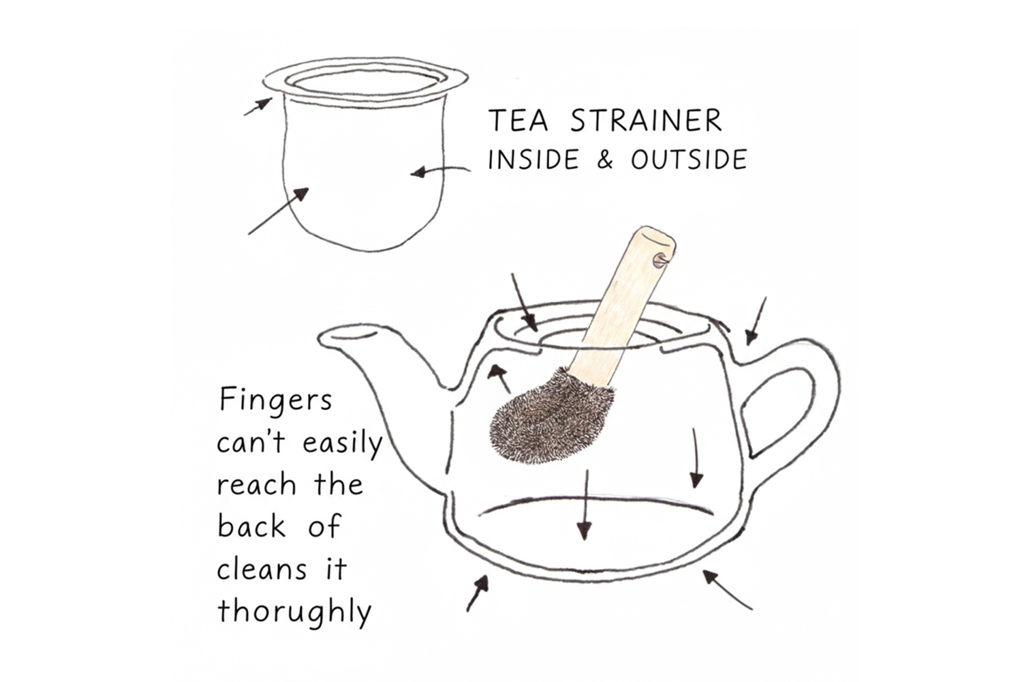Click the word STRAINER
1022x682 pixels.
646,120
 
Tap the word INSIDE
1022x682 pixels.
533,160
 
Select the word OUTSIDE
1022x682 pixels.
689,160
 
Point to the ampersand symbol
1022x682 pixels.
604,160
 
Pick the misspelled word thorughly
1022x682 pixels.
294,612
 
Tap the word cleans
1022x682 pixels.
262,569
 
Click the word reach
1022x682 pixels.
256,484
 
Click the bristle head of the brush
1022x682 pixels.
551,419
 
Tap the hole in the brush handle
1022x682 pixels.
659,261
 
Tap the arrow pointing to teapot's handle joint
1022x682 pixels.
756,321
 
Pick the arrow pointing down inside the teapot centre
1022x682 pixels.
585,505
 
